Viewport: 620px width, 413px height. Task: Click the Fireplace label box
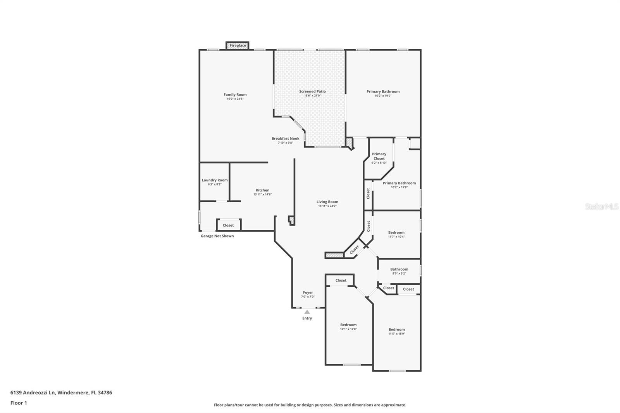[238, 46]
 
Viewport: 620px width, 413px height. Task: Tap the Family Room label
[235, 95]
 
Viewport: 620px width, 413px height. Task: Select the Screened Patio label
[312, 91]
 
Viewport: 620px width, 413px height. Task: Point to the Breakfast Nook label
[285, 138]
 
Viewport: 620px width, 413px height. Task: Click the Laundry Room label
[215, 180]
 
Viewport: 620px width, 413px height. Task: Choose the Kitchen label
[262, 190]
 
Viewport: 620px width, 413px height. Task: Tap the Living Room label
[327, 202]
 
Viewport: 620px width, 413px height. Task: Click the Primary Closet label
[379, 156]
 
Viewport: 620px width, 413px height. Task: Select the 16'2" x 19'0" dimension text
[383, 96]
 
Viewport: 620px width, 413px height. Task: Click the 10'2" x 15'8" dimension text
[400, 188]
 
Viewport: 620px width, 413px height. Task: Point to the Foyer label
[308, 292]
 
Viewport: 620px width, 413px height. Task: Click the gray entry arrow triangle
[307, 312]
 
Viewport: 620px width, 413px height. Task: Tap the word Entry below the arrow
[307, 318]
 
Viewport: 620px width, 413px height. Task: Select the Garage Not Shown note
[217, 236]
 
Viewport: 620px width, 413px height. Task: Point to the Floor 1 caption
[19, 403]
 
